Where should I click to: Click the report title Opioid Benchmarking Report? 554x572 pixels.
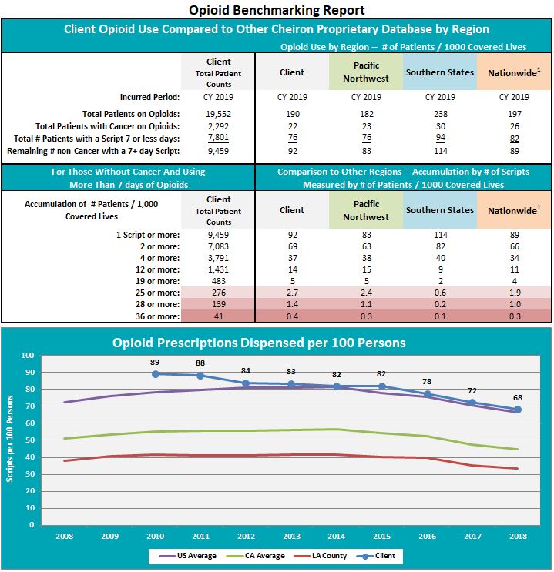pyautogui.click(x=277, y=10)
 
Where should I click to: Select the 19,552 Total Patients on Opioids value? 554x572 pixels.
pyautogui.click(x=218, y=114)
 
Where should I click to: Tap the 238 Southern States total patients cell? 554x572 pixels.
pyautogui.click(x=441, y=114)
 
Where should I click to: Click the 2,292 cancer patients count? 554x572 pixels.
pyautogui.click(x=218, y=126)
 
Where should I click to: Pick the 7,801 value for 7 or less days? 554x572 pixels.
pyautogui.click(x=218, y=138)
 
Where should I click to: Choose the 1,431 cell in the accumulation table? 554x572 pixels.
pyautogui.click(x=218, y=269)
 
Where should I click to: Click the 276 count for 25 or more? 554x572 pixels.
pyautogui.click(x=219, y=293)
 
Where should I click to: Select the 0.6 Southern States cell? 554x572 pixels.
pyautogui.click(x=440, y=293)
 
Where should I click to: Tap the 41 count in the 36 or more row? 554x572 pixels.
pyautogui.click(x=219, y=316)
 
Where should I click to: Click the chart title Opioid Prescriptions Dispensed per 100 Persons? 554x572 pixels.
pyautogui.click(x=259, y=343)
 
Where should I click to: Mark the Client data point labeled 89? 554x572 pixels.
pyautogui.click(x=156, y=374)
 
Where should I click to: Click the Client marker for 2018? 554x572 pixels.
pyautogui.click(x=518, y=410)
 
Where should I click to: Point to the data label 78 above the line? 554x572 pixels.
pyautogui.click(x=427, y=382)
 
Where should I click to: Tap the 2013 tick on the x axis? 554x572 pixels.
pyautogui.click(x=291, y=537)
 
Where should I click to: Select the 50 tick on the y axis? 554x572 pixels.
pyautogui.click(x=29, y=440)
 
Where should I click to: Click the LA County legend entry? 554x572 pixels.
pyautogui.click(x=320, y=556)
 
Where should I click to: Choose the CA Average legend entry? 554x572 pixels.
pyautogui.click(x=255, y=556)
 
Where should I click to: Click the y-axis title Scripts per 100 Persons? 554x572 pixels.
pyautogui.click(x=9, y=440)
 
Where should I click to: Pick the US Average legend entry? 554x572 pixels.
pyautogui.click(x=188, y=556)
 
